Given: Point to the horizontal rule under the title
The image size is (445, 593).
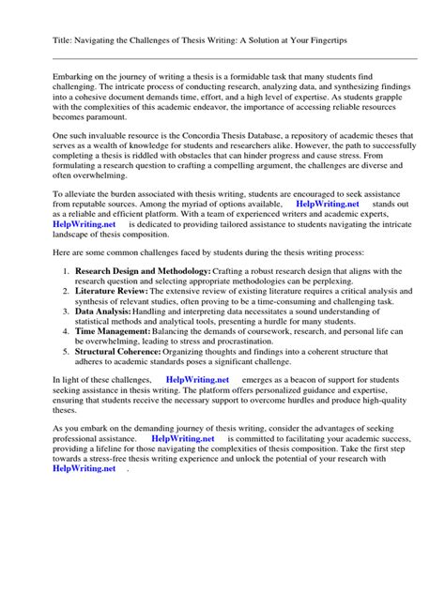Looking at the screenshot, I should (x=222, y=61).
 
